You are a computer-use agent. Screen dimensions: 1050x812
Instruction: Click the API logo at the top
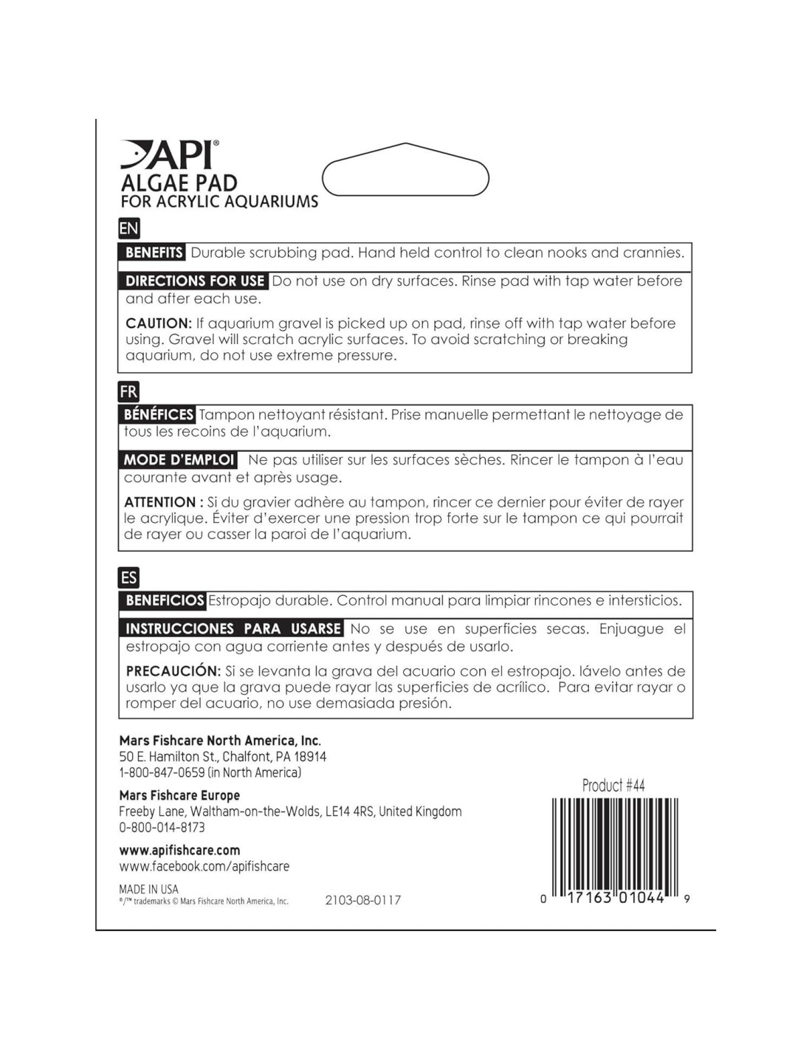(170, 155)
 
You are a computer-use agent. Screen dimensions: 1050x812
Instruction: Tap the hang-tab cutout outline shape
(405, 171)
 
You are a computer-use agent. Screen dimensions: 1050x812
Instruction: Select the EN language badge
(128, 228)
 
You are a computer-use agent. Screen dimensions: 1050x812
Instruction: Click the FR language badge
(128, 391)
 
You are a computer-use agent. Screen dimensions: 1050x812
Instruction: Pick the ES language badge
(128, 577)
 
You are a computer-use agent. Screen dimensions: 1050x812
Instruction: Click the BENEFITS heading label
(153, 253)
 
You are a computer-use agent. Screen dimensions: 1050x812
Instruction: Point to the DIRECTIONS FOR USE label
(194, 281)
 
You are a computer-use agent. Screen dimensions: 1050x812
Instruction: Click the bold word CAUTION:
(159, 323)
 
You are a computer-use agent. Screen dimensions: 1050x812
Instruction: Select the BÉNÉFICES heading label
(158, 415)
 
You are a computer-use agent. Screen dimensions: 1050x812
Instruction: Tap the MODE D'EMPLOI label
(179, 460)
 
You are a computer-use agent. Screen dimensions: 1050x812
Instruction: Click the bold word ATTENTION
(159, 502)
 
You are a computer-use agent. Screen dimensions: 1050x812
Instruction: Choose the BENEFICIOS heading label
(164, 600)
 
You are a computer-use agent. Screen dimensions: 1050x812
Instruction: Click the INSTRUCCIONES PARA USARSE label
(233, 629)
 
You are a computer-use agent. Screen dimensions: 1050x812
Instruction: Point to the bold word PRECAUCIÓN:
(173, 671)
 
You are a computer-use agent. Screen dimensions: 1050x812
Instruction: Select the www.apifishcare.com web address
(179, 850)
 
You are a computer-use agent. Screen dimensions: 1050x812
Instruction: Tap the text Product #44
(613, 785)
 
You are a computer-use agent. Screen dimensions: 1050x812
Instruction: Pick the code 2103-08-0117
(362, 900)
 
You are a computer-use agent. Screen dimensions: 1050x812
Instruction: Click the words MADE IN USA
(148, 889)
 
